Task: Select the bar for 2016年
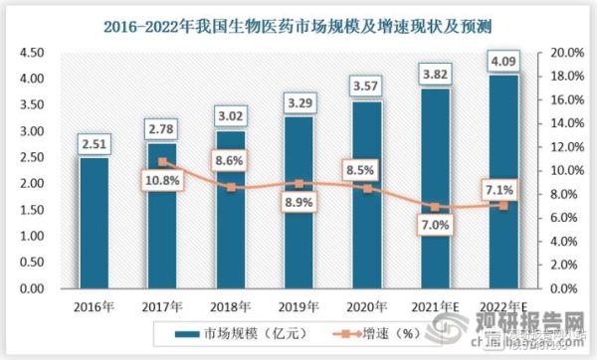coord(94,223)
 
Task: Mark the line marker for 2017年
coord(162,161)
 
